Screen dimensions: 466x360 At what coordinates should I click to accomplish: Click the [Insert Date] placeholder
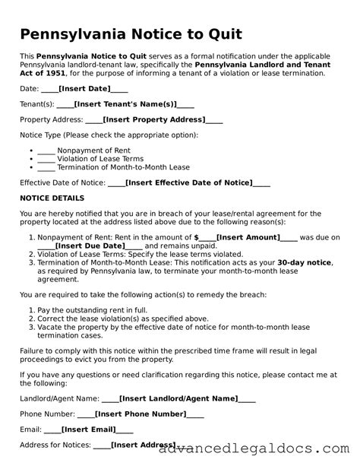[84, 89]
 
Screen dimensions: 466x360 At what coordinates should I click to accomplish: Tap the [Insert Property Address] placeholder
[154, 119]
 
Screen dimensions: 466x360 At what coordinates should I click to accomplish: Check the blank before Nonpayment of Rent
[46, 150]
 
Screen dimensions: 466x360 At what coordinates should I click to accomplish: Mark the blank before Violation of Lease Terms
[46, 158]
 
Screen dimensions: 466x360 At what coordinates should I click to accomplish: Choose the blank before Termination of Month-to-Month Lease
[46, 167]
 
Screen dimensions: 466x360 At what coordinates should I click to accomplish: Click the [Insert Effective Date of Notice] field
[188, 182]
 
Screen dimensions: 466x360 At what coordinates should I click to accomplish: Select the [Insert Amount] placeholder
[248, 237]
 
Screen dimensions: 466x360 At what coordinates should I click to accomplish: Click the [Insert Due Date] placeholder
[90, 246]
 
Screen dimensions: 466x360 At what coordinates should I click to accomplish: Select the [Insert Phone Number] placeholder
[141, 414]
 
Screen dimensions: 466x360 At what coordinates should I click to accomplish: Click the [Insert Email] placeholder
[91, 429]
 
